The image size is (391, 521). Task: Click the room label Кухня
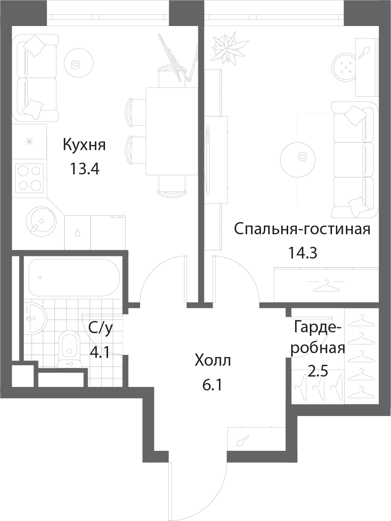click(x=84, y=145)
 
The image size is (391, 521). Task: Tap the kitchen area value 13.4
click(x=84, y=169)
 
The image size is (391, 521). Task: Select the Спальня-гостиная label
click(x=302, y=229)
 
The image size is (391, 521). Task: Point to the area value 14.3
click(x=302, y=253)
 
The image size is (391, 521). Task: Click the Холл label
click(x=213, y=360)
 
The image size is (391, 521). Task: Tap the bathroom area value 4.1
click(x=100, y=352)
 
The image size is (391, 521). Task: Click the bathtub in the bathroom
click(x=74, y=278)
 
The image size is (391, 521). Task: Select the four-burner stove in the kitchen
click(x=30, y=178)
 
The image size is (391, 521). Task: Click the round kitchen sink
click(x=41, y=221)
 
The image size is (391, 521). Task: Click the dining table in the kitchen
click(x=172, y=131)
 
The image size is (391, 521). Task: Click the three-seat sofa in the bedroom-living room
click(x=355, y=160)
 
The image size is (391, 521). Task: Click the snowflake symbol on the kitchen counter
click(x=30, y=142)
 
